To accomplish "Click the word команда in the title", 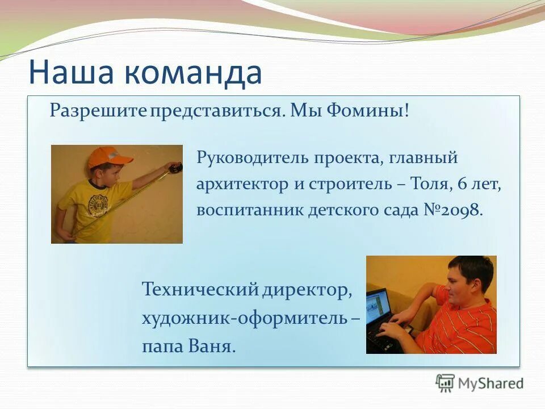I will (192, 73).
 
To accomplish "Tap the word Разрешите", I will (99, 110).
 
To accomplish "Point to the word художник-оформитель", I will (245, 318).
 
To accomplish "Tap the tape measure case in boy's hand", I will (175, 167).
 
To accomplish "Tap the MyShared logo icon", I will (446, 383).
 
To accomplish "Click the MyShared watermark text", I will (491, 383).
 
